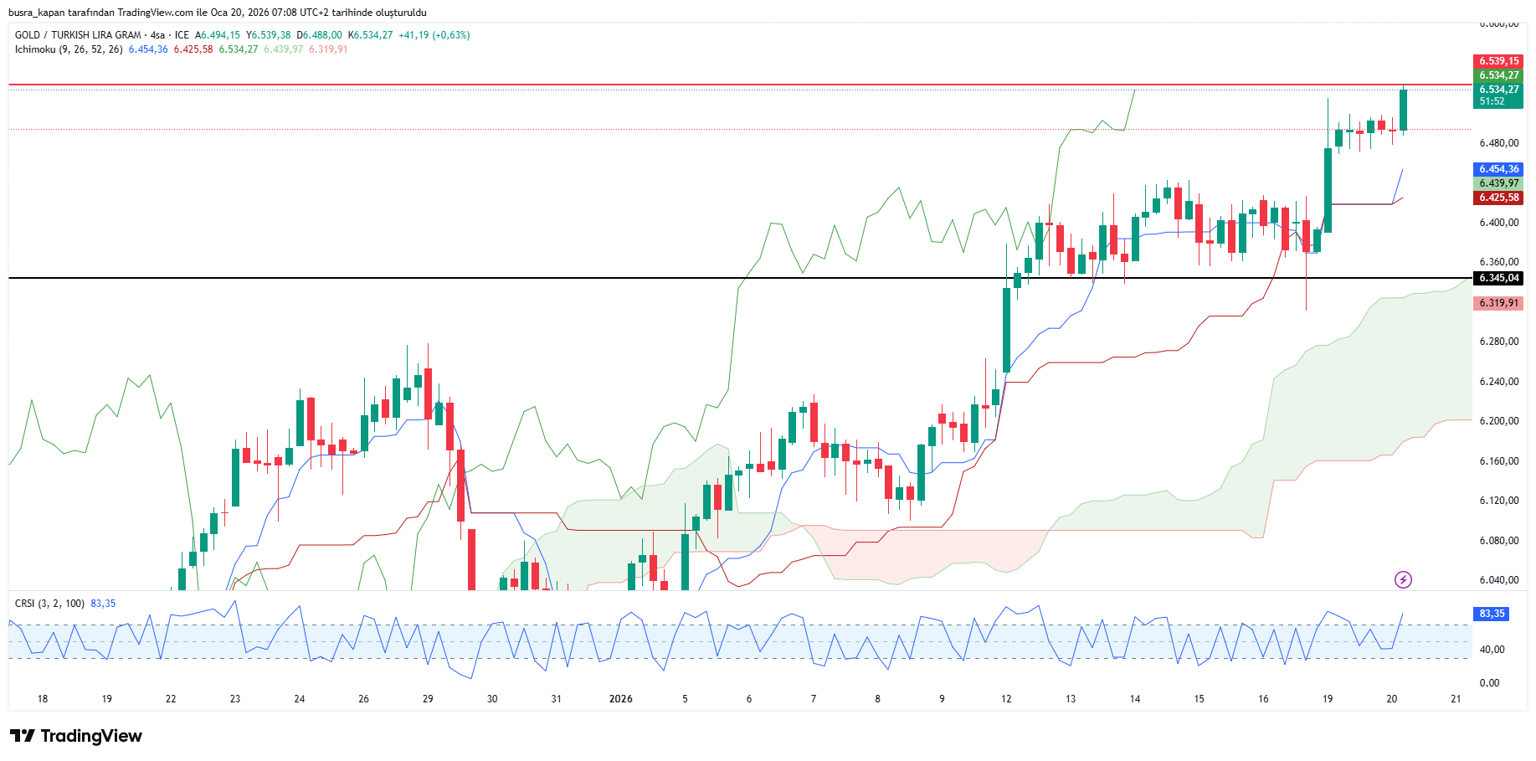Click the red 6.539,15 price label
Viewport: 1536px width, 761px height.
1497,61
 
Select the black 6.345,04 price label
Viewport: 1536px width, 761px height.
1497,278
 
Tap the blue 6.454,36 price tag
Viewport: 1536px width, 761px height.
1497,169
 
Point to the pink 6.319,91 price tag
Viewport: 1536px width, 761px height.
1497,303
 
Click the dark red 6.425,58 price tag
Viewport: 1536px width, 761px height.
1497,198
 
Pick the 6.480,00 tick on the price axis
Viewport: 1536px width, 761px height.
1498,143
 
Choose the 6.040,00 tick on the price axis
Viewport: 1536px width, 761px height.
1498,580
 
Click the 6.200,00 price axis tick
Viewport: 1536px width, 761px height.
1498,421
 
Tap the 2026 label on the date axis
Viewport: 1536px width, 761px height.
620,699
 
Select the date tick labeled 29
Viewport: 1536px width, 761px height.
428,699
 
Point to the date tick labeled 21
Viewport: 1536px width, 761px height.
1456,699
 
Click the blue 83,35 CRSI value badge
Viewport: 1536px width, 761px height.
1491,614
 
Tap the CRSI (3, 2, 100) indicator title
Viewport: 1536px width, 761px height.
49,604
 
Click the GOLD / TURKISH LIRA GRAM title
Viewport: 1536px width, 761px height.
78,35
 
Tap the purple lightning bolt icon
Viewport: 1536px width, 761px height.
1403,579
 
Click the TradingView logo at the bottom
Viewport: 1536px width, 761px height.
76,736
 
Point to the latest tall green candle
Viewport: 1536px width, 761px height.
1403,110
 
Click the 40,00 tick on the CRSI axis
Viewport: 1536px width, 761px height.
1492,650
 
